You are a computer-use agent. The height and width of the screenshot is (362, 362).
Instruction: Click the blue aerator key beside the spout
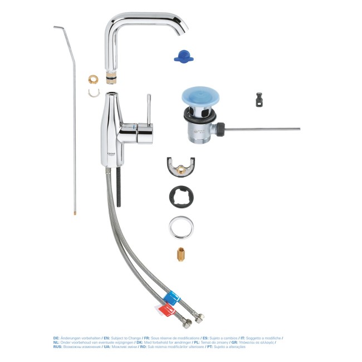[x=181, y=55]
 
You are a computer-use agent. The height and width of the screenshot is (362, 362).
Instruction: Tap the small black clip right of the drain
[x=257, y=100]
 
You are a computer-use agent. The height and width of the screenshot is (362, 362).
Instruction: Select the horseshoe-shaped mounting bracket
[x=181, y=167]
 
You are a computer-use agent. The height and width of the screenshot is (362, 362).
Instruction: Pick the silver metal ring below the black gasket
[x=181, y=228]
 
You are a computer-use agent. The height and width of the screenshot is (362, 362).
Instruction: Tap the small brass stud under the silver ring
[x=180, y=255]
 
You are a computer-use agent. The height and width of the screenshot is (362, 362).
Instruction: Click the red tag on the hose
[x=162, y=307]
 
